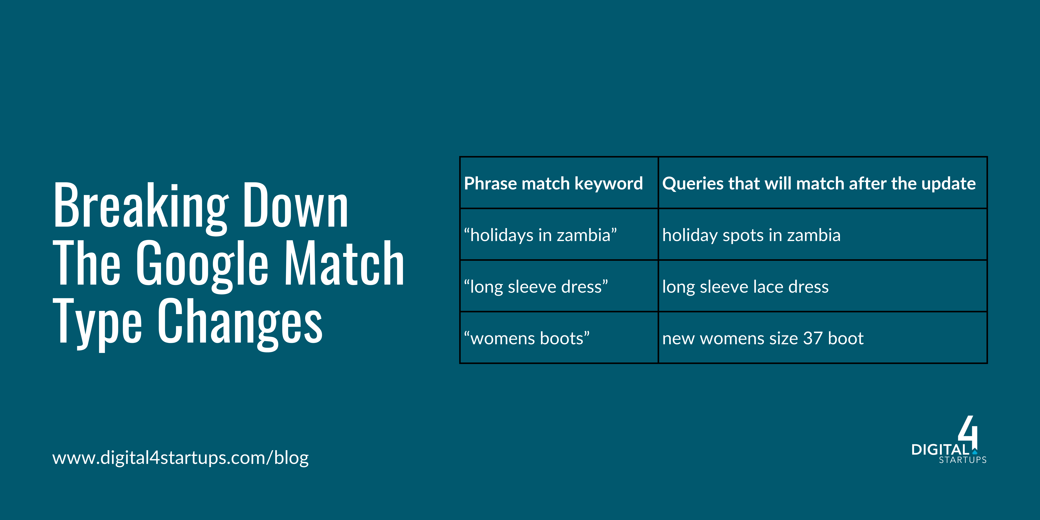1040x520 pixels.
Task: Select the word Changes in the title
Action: point(240,323)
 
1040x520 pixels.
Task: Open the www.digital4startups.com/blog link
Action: point(180,457)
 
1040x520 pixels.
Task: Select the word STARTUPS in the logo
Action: point(963,460)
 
